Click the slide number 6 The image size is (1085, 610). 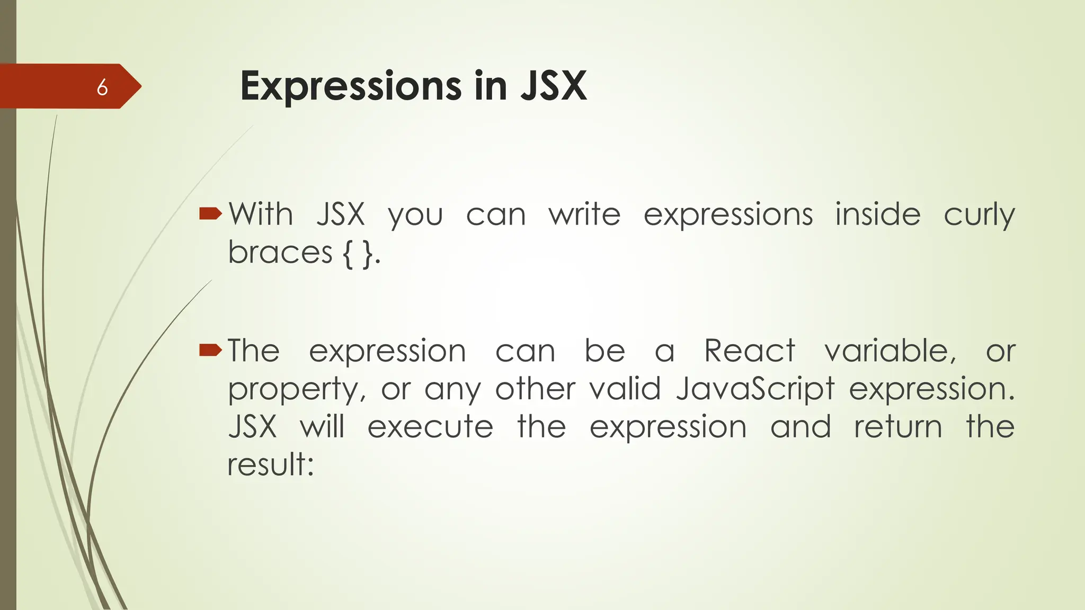102,87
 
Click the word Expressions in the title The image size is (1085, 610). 351,86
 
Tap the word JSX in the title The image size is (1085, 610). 554,86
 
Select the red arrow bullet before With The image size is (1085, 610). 210,214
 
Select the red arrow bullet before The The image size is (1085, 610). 210,350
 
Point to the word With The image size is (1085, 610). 261,214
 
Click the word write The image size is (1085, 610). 584,214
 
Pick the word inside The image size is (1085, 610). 878,214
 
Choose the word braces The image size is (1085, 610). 280,252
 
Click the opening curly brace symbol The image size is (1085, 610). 348,254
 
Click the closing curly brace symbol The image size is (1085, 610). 368,254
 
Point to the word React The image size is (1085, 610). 750,351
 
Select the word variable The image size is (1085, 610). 890,351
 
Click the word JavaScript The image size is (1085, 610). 755,389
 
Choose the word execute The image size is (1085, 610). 430,427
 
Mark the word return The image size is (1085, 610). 898,427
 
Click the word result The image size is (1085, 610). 270,464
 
